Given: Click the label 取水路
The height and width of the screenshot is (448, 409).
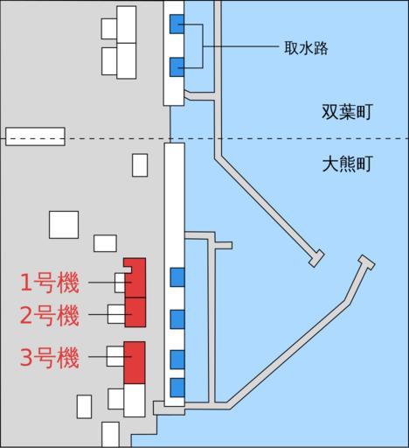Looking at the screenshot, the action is click(x=306, y=48).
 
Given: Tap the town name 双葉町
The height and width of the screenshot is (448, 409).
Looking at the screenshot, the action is click(x=347, y=111).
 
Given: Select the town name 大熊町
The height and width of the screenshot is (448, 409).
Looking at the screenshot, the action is click(x=348, y=164).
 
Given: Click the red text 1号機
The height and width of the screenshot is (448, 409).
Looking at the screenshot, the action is click(x=50, y=283).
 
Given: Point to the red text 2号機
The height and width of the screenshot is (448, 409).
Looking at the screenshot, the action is click(x=50, y=315).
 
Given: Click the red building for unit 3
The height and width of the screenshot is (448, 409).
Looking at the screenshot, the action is click(x=135, y=362).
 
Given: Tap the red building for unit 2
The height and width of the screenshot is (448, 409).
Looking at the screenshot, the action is click(x=135, y=312).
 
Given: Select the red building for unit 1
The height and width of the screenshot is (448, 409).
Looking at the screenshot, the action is click(x=135, y=278).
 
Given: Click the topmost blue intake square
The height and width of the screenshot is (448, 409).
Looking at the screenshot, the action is click(x=177, y=24).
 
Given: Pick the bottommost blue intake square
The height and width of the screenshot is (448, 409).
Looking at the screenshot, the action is click(x=177, y=388).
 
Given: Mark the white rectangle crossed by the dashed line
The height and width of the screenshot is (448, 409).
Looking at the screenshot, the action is click(x=35, y=136).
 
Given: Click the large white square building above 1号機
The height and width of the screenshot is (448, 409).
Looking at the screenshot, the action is click(x=64, y=225).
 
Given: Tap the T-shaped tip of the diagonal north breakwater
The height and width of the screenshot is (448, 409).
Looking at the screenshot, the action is click(x=316, y=258).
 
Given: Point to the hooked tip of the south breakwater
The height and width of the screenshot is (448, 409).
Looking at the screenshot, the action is click(x=367, y=262).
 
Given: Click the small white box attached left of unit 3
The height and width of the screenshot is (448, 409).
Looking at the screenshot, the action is click(x=115, y=356).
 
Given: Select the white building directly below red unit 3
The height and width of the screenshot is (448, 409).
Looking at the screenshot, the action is click(x=135, y=400).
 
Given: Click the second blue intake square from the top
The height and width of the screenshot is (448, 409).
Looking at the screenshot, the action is click(x=177, y=67).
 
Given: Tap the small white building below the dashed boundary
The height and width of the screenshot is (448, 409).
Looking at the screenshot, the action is click(x=140, y=165).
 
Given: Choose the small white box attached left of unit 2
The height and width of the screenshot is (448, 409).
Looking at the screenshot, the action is click(x=116, y=314).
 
